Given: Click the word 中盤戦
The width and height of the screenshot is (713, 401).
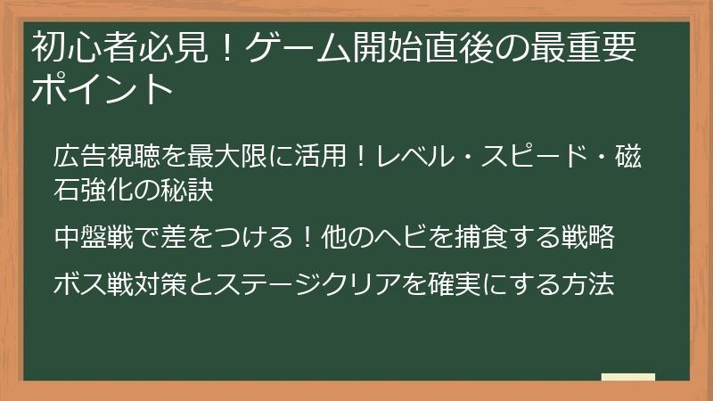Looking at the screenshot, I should click(x=93, y=239).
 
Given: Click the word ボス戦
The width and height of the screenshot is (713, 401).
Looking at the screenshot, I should click(x=93, y=286).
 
